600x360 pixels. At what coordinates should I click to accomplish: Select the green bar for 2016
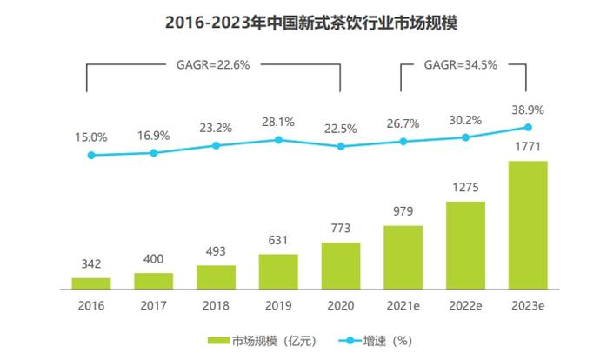pos(91,283)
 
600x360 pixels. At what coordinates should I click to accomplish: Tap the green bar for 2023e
pos(528,224)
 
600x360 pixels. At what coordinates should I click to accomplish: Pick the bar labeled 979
pos(403,257)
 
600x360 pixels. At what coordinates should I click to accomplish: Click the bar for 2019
pos(278,270)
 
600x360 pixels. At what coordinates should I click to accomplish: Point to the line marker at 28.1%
pos(278,139)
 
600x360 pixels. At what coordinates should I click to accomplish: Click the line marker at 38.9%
pos(528,127)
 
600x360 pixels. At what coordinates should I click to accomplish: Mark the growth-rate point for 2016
pos(91,155)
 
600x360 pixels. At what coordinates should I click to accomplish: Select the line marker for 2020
pos(341,146)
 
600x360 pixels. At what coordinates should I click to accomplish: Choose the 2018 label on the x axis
pos(216,306)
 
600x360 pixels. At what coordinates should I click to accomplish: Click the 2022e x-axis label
pos(465,306)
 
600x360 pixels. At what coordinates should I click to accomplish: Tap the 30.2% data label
pos(465,120)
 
